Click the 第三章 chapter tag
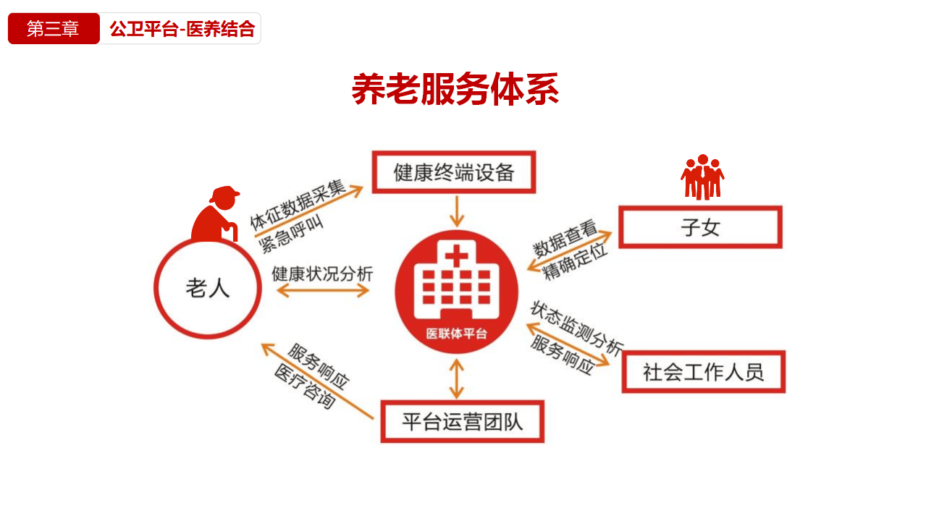tap(54, 29)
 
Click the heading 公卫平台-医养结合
tap(182, 29)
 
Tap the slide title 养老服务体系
tap(455, 90)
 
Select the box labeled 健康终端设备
tap(454, 172)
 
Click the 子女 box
tap(700, 227)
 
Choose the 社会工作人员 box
tap(703, 372)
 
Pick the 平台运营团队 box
tap(462, 421)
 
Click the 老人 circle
tap(208, 289)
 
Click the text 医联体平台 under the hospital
tap(456, 334)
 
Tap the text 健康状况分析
tap(322, 274)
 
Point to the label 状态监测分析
tap(576, 328)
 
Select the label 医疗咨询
tap(305, 387)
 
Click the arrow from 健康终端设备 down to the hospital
tap(455, 211)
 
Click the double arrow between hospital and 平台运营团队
tap(455, 378)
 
